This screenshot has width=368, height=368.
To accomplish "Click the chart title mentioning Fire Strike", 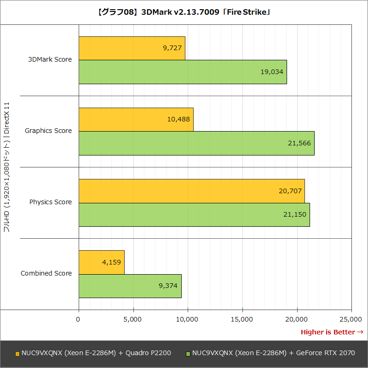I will click(184, 12).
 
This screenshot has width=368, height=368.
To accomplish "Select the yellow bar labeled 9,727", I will click(132, 48).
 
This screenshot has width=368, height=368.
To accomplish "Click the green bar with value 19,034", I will click(183, 72).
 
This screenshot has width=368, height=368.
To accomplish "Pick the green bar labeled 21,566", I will click(196, 143).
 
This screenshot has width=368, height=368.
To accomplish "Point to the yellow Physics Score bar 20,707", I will click(191, 190).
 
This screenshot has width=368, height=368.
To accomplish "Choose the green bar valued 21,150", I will click(194, 214).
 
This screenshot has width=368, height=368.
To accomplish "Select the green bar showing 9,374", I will click(130, 286).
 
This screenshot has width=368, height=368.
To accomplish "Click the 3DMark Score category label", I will click(50, 59).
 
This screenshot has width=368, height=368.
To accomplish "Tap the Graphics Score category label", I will click(48, 131).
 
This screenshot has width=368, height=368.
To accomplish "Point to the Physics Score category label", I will click(51, 202).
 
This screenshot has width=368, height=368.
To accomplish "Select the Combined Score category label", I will click(46, 273).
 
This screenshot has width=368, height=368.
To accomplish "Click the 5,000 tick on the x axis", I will click(133, 319).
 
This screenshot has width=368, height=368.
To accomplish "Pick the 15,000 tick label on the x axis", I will click(242, 319).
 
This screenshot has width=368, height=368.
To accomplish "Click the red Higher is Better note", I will click(332, 332).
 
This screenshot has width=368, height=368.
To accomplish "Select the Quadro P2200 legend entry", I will click(93, 353).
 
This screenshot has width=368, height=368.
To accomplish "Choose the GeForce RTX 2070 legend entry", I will click(270, 353).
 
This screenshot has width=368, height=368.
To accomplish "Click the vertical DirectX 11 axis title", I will click(7, 167).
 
